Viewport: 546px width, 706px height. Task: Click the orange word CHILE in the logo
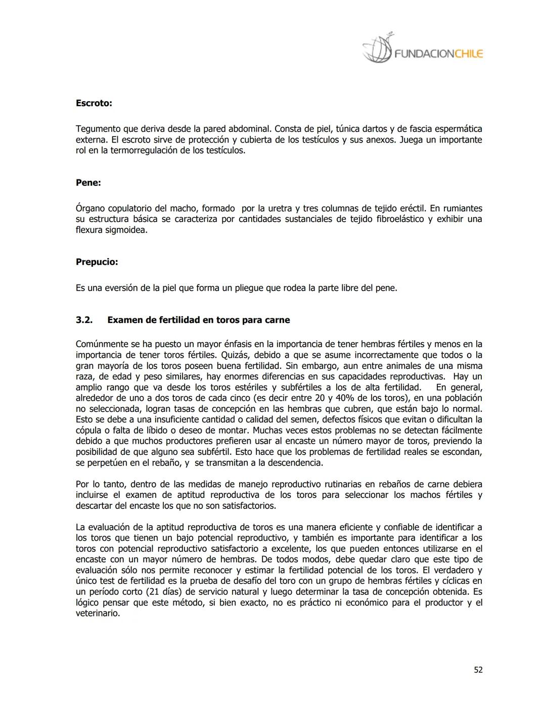click(x=469, y=54)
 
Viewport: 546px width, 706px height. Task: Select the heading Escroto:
click(x=94, y=103)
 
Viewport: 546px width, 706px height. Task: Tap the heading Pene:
click(x=88, y=183)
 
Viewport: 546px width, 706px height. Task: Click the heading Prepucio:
click(x=97, y=262)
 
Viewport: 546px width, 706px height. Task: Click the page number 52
click(x=478, y=670)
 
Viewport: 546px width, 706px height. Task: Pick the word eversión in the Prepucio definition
click(x=121, y=289)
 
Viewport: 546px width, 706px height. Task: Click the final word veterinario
click(x=98, y=614)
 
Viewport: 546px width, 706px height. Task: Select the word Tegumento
click(x=98, y=129)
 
